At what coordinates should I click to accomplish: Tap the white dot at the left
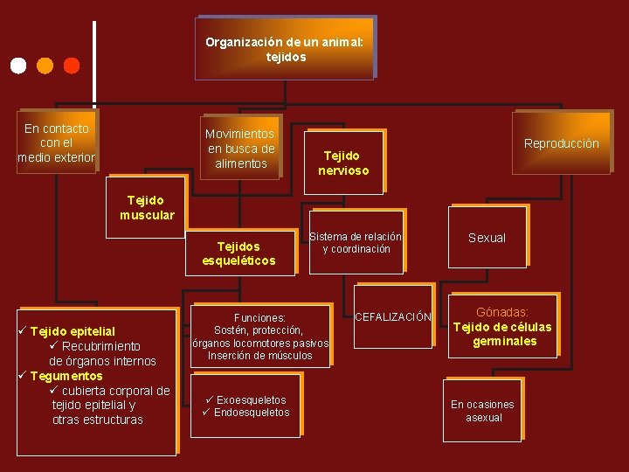pyautogui.click(x=18, y=65)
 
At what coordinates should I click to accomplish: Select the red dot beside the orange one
pyautogui.click(x=72, y=65)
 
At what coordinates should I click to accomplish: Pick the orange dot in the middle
pyautogui.click(x=45, y=65)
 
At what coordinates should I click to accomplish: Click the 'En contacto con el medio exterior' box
pyautogui.click(x=57, y=142)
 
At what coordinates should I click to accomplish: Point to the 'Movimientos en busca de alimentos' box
pyautogui.click(x=239, y=148)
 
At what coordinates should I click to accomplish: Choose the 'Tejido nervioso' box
pyautogui.click(x=343, y=163)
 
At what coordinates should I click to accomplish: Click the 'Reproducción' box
pyautogui.click(x=561, y=143)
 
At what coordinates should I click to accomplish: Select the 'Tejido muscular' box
pyautogui.click(x=146, y=207)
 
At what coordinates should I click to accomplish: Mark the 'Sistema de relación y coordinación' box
pyautogui.click(x=356, y=242)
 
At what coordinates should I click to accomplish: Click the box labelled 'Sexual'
pyautogui.click(x=487, y=238)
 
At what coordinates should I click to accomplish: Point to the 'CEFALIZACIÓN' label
pyautogui.click(x=393, y=317)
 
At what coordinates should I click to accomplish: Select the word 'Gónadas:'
pyautogui.click(x=502, y=312)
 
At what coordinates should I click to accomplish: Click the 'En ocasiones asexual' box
pyautogui.click(x=482, y=411)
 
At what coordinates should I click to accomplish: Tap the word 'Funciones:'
pyautogui.click(x=259, y=318)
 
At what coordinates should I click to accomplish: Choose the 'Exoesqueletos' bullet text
pyautogui.click(x=251, y=400)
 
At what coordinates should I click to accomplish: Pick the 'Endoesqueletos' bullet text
pyautogui.click(x=252, y=413)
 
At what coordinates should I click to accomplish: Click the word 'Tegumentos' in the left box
pyautogui.click(x=66, y=376)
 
